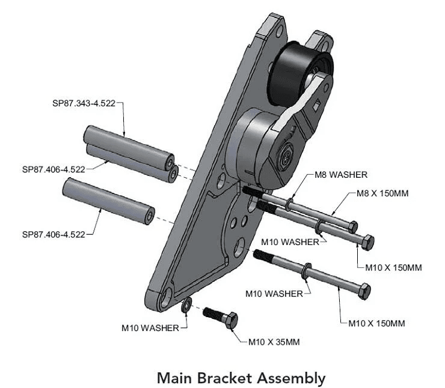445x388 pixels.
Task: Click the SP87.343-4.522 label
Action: (84, 103)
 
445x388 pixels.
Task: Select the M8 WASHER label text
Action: (341, 175)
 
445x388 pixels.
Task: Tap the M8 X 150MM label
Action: (377, 193)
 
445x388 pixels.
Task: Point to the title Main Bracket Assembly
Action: (241, 378)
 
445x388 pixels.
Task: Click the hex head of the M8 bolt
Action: (353, 226)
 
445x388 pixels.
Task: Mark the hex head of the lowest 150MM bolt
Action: (364, 290)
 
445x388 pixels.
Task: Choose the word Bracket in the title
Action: (227, 378)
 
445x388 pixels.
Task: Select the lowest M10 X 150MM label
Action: (376, 323)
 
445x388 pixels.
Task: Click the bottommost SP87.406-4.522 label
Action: (54, 234)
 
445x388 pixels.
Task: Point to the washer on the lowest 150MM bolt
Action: (307, 270)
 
